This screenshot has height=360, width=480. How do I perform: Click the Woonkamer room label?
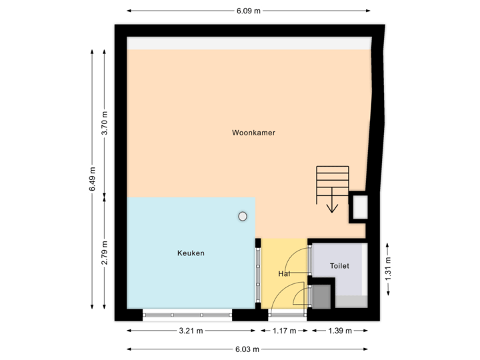(253, 133)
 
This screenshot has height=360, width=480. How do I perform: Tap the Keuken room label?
(191, 253)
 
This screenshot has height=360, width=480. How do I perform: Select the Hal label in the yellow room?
(284, 274)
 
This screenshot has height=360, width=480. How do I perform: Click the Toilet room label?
(339, 266)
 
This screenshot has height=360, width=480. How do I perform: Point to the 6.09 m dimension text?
(248, 11)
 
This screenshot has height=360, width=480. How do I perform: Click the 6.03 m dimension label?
(247, 349)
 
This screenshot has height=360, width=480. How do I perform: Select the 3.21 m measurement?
(190, 331)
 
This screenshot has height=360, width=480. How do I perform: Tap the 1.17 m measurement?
(283, 331)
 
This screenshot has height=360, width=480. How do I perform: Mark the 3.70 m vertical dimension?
(104, 123)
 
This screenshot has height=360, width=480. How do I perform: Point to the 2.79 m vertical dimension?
(104, 253)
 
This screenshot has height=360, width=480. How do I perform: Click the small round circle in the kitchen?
(243, 216)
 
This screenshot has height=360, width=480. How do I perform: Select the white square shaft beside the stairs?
(359, 207)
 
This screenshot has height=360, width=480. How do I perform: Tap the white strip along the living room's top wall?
(249, 43)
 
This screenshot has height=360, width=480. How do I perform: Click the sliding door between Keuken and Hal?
(258, 274)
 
